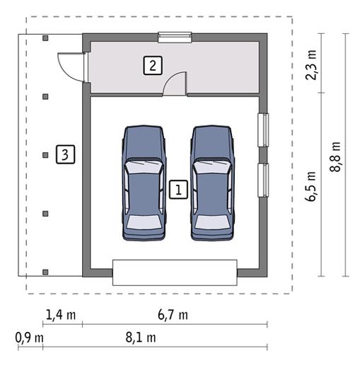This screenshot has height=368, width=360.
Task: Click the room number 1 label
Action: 178,190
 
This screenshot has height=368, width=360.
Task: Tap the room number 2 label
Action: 153,65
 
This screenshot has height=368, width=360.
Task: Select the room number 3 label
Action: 65,154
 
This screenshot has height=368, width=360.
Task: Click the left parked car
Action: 144,183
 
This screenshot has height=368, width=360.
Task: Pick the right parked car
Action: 212,183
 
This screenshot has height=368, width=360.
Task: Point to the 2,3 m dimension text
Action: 311,65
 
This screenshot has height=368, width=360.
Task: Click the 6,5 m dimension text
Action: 311,187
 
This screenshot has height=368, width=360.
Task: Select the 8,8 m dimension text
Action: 335,157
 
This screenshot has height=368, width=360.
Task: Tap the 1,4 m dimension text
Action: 61,315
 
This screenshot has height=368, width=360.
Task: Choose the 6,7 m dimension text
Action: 173,315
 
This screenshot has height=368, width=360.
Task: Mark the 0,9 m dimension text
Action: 30,338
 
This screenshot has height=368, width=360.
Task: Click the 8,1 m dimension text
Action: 141,338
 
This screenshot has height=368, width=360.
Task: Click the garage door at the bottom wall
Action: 175,272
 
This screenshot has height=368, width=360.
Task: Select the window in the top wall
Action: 175,38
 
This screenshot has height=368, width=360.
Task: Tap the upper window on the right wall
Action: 263,130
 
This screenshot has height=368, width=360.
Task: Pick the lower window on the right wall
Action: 263,180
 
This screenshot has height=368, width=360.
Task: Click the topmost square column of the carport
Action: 45,38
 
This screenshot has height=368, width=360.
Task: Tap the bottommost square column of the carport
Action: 45,272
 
